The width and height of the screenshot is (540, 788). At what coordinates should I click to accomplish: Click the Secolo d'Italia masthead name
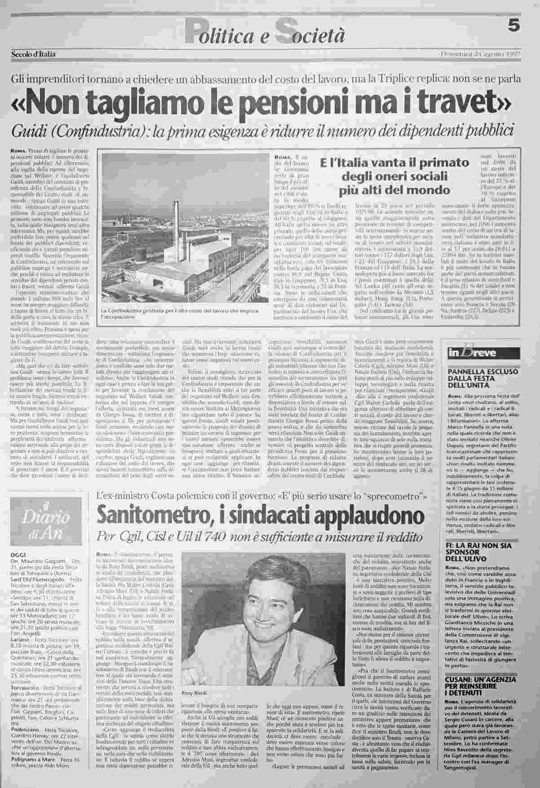pos(34,55)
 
